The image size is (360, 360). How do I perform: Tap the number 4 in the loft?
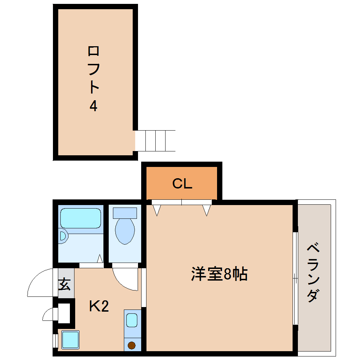[93, 106]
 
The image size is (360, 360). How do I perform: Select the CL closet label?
[182, 184]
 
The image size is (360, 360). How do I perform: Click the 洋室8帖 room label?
[219, 274]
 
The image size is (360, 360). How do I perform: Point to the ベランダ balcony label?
[313, 272]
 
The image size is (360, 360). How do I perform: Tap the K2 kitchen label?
[98, 306]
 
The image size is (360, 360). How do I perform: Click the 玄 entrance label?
[64, 284]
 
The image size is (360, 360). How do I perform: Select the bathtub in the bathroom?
[81, 218]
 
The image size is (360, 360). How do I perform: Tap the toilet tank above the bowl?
[125, 213]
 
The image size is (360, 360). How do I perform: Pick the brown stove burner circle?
[132, 345]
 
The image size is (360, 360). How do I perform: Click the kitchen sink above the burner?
[132, 320]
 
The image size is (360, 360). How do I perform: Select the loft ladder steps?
[155, 140]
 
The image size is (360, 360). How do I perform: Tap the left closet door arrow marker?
[157, 210]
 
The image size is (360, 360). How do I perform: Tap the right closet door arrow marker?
[206, 210]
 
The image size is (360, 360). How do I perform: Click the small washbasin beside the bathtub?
[63, 236]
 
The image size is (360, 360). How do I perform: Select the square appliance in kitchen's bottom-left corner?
[70, 340]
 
